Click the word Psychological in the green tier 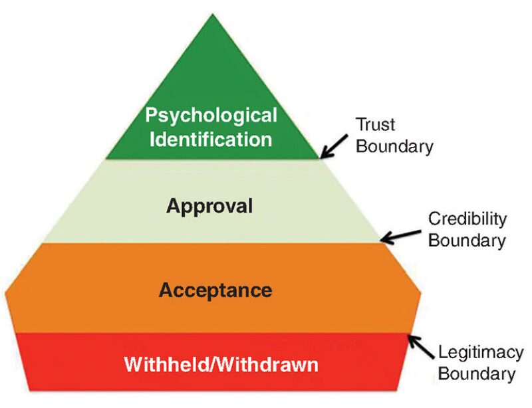click(x=211, y=116)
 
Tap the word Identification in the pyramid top click(x=211, y=140)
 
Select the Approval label click(x=209, y=206)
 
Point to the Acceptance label click(x=215, y=290)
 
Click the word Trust click(x=376, y=124)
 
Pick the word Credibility click(x=467, y=219)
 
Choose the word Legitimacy click(x=476, y=353)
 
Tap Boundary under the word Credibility click(x=466, y=241)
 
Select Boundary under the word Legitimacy click(x=476, y=374)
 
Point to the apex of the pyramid click(x=212, y=15)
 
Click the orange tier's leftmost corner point click(x=5, y=293)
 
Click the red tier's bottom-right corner click(x=400, y=391)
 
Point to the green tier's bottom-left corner click(x=105, y=159)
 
